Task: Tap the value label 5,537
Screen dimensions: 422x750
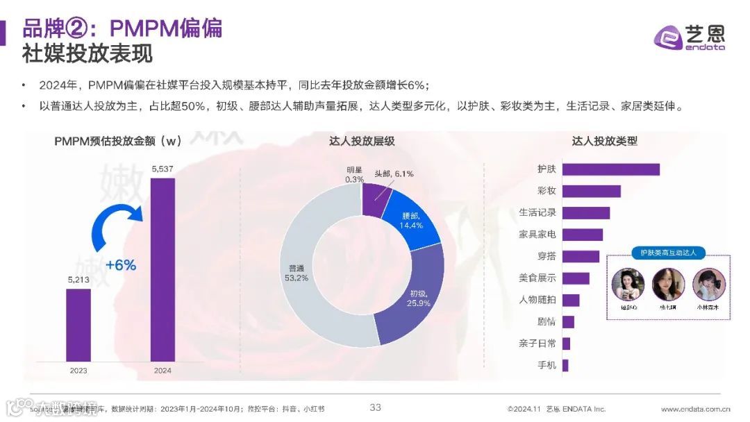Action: (x=162, y=169)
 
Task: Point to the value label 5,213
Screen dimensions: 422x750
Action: (x=78, y=280)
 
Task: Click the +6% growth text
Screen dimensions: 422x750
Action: (x=120, y=264)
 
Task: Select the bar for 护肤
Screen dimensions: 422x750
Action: (x=610, y=169)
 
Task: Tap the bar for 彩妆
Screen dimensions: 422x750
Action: (x=591, y=191)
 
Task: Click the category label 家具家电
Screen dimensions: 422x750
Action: (x=537, y=235)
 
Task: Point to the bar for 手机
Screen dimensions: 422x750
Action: (x=565, y=365)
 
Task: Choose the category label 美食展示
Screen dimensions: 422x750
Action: (x=537, y=278)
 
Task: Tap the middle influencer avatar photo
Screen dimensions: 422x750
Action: (x=669, y=284)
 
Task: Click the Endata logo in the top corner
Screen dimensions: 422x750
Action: (x=690, y=36)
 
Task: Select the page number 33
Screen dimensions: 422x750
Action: (x=375, y=407)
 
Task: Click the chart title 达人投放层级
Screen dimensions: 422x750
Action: (x=362, y=141)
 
